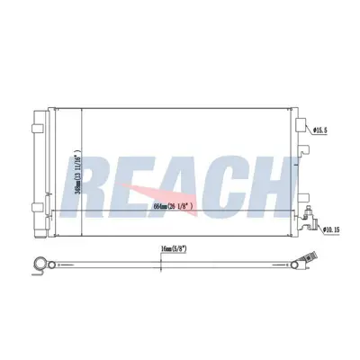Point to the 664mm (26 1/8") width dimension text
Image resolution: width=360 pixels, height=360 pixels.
187,208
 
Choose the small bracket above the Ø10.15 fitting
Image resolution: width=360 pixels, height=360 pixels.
303,199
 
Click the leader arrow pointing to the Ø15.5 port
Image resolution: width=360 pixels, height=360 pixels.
311,130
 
